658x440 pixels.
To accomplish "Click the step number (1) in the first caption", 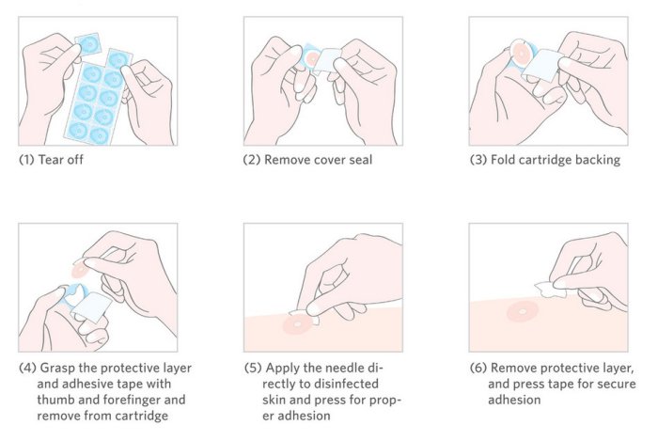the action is (27, 160).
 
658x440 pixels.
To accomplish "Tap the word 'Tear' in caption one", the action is (50, 160).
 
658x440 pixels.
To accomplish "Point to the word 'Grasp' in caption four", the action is (57, 369).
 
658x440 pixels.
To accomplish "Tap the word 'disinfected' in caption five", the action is (346, 384).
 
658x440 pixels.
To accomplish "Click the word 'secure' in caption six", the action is (616, 385).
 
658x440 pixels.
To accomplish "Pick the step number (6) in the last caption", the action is (478, 369).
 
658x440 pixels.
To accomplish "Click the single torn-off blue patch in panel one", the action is (88, 43).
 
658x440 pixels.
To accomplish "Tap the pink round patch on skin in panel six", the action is (522, 312).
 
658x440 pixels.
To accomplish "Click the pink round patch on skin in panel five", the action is (298, 325).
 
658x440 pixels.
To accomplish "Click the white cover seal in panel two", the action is (327, 60).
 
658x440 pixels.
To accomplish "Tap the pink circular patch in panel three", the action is (522, 54).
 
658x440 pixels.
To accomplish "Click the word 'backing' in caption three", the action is (598, 161).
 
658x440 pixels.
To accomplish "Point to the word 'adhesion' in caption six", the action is (514, 400).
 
